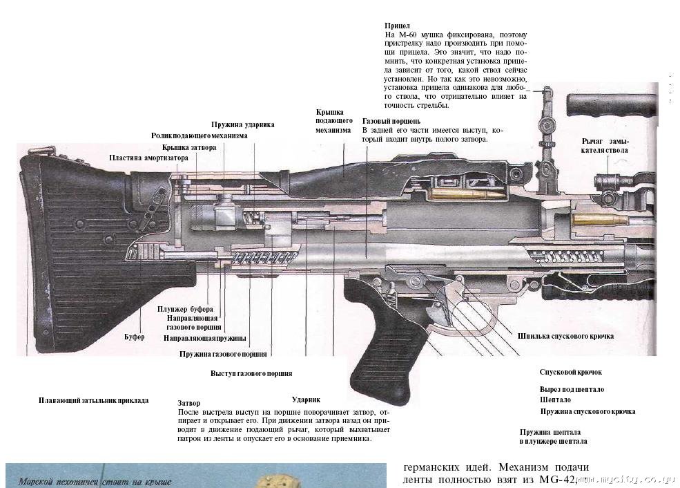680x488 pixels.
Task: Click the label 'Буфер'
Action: [134, 337]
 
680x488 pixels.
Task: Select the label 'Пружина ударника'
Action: [242, 125]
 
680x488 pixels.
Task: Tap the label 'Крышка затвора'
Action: [189, 147]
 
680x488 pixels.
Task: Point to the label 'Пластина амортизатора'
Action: [148, 158]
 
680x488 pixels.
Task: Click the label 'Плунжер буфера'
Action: [184, 309]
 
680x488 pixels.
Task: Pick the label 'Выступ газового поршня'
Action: [251, 373]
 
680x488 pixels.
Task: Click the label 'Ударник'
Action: [306, 400]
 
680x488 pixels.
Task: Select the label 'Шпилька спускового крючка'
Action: [565, 336]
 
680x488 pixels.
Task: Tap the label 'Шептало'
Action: [555, 400]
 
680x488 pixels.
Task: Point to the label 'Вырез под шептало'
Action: [572, 389]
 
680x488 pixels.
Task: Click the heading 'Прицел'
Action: [397, 26]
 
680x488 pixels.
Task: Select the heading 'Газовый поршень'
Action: [391, 121]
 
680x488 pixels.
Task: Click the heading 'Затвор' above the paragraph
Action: [188, 403]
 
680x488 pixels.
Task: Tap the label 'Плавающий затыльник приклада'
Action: [93, 400]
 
